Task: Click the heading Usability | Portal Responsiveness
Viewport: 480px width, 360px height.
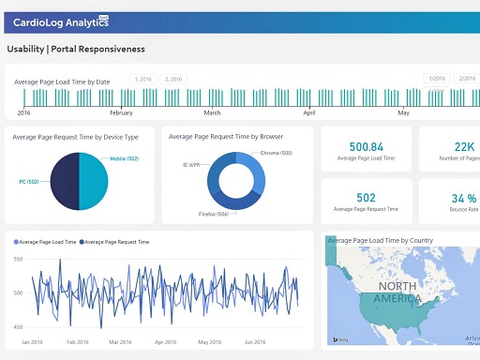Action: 76,49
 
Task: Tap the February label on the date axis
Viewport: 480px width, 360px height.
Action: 121,112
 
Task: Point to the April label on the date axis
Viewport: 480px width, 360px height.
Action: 309,112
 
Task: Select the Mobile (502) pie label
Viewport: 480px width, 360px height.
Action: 125,159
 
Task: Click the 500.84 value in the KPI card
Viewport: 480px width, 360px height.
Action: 366,147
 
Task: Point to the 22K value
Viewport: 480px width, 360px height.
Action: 465,147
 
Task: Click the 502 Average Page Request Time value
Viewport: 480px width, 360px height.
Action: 366,198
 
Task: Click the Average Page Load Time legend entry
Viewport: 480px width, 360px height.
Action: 45,242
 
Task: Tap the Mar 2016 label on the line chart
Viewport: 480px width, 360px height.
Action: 120,342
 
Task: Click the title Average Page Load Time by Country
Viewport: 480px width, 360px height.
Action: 380,241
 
